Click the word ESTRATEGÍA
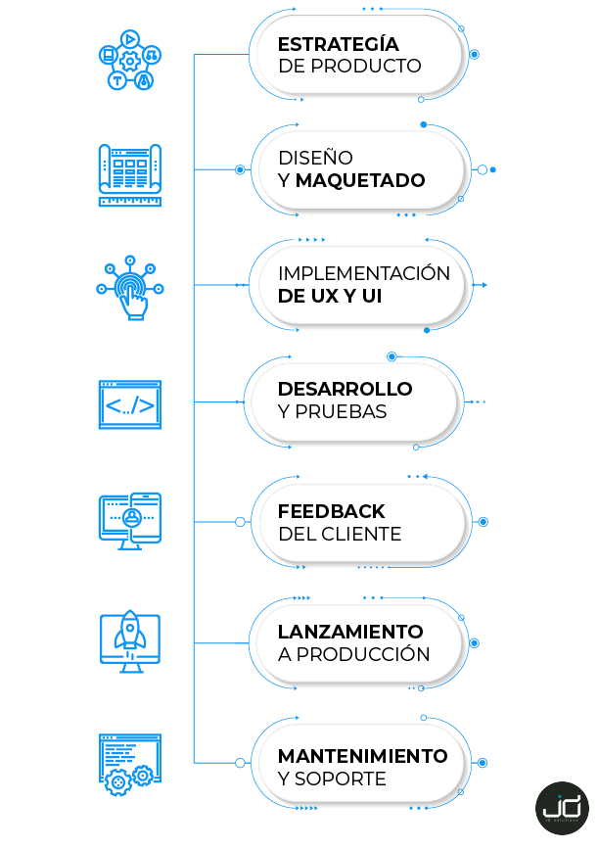338,43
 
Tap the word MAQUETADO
360,180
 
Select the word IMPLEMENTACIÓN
364,272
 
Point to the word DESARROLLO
345,389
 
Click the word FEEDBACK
331,511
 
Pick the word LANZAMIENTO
350,632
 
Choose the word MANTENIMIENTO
362,756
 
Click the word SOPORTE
341,779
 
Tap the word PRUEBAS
341,412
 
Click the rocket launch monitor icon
130,641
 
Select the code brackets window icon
130,404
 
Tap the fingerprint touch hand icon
130,288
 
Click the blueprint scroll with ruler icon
130,174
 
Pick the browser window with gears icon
130,765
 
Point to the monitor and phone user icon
130,521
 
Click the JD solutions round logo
562,808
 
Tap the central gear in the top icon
130,61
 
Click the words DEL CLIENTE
340,534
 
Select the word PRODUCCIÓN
363,653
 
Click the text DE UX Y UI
330,296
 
